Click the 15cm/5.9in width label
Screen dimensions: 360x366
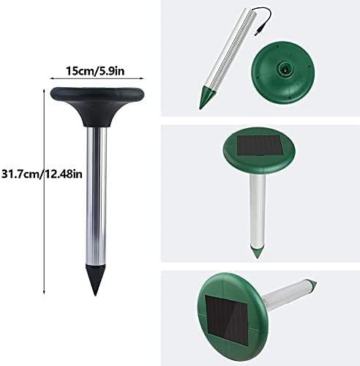95,71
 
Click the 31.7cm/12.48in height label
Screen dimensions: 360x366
42,174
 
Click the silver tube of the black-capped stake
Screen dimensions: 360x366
97,195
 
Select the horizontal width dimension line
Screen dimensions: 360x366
97,78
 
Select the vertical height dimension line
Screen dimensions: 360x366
44,192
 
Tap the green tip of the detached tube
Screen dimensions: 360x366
206,97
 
